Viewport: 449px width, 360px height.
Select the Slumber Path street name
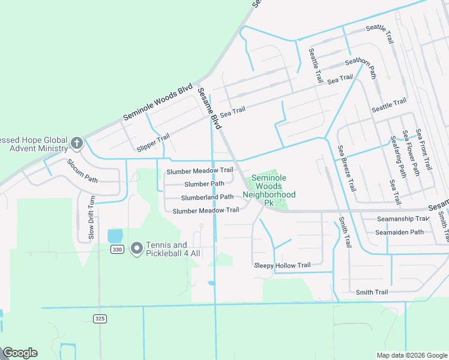204,184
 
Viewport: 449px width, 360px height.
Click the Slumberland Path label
207,197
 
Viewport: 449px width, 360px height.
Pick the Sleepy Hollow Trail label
282,265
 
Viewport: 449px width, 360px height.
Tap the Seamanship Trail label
403,219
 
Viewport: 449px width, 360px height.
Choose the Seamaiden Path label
399,232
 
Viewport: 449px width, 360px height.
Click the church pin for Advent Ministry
76,143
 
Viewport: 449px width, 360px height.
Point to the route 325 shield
100,317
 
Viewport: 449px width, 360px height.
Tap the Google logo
20,353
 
